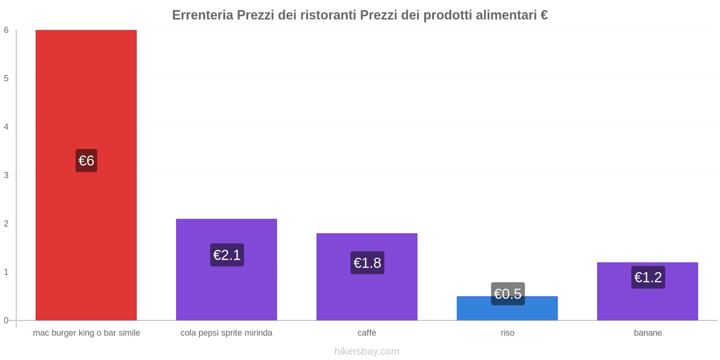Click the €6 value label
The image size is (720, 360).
click(86, 161)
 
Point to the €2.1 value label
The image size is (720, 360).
click(227, 255)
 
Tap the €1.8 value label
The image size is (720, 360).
click(367, 263)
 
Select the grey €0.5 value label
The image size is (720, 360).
click(508, 293)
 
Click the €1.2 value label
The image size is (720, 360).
click(648, 277)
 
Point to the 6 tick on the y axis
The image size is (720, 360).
click(6, 30)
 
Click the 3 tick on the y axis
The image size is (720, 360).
click(6, 175)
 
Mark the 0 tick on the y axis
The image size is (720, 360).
click(6, 320)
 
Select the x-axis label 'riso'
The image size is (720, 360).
click(507, 333)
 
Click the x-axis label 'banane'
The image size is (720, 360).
click(648, 333)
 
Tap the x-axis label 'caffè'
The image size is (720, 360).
click(367, 333)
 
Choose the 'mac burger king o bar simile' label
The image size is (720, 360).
click(86, 333)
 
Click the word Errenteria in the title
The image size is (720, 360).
click(202, 15)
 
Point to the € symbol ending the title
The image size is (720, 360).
click(544, 15)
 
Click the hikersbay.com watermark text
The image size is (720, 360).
click(367, 351)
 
